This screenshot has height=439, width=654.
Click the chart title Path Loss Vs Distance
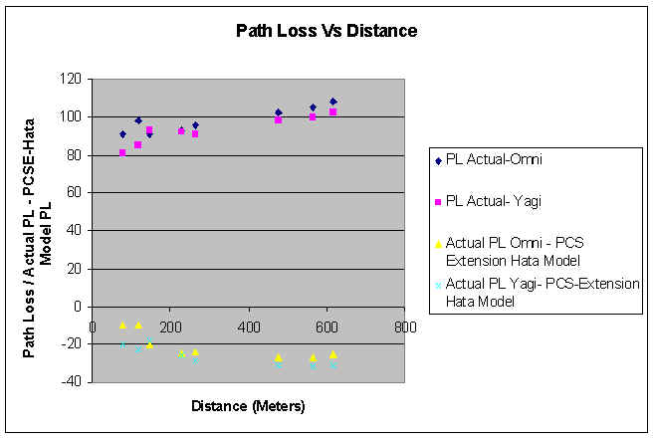327,31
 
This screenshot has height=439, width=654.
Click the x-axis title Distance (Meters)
247,405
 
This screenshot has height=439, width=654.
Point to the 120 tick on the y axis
69,79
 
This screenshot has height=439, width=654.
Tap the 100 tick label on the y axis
69,116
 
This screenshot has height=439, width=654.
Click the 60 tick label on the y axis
73,192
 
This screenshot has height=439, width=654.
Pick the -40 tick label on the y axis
70,382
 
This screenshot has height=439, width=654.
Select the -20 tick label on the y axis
70,344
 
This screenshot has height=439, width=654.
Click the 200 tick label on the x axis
169,326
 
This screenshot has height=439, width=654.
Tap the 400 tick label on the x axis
247,326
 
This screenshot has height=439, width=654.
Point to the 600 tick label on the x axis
326,326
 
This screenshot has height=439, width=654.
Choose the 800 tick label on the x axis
403,326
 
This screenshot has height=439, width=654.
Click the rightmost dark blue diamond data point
333,102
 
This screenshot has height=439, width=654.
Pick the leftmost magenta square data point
122,152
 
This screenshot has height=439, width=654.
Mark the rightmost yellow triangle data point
333,354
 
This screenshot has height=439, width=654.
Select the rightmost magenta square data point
333,111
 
